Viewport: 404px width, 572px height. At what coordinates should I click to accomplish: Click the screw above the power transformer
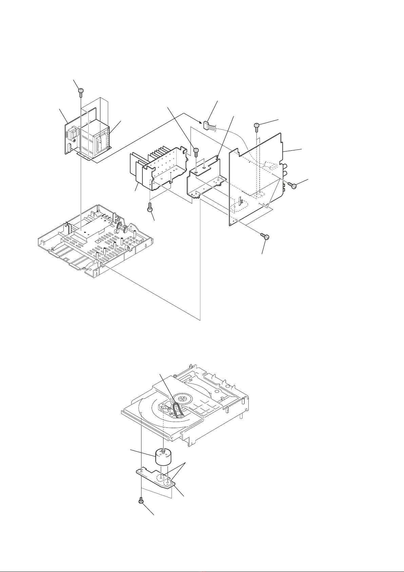click(81, 91)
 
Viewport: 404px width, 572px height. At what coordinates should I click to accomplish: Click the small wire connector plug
click(206, 125)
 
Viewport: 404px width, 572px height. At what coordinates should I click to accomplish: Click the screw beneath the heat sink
click(150, 207)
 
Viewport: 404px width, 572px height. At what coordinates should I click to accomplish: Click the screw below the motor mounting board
click(141, 500)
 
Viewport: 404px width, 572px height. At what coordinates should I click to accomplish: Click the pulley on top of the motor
click(164, 451)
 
